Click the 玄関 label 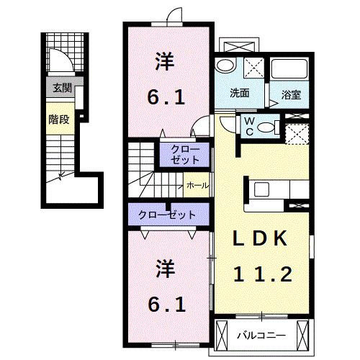(60, 89)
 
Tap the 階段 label (60, 120)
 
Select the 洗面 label (240, 93)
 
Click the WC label (247, 126)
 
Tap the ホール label (197, 186)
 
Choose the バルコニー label (261, 336)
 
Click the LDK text (260, 238)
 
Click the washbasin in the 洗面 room (225, 67)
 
